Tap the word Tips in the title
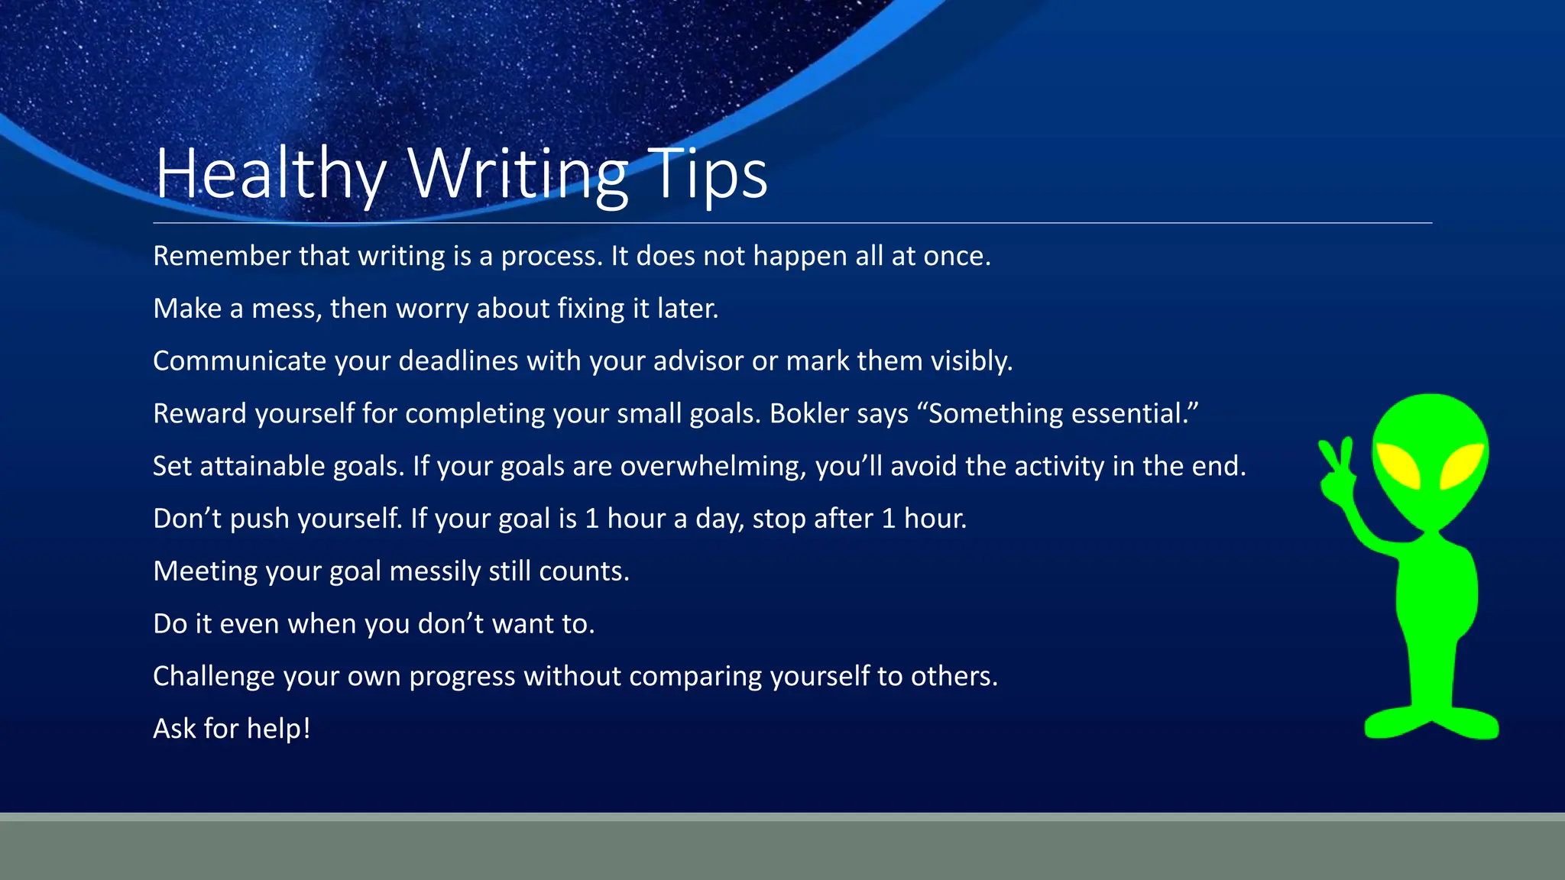[x=706, y=174]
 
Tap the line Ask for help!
[x=232, y=729]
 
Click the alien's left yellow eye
[x=1398, y=466]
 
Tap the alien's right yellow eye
[x=1461, y=466]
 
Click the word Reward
[x=199, y=413]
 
